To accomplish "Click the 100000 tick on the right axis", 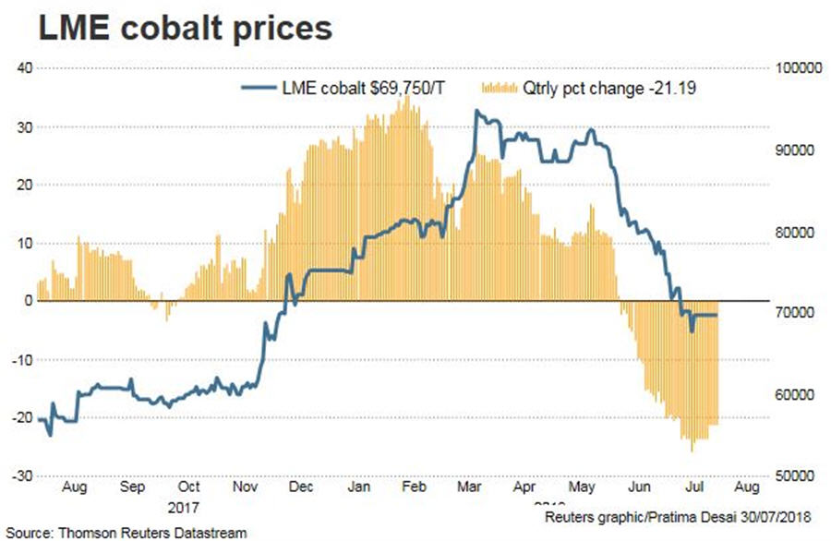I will [800, 68].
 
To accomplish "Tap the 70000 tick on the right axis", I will [801, 313].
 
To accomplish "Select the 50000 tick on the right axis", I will [801, 475].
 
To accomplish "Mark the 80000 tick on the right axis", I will [801, 232].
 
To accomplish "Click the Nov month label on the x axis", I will [245, 487].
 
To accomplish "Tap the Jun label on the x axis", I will [637, 487].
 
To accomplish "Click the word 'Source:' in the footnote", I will [28, 533].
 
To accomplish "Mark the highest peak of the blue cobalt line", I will [476, 111].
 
